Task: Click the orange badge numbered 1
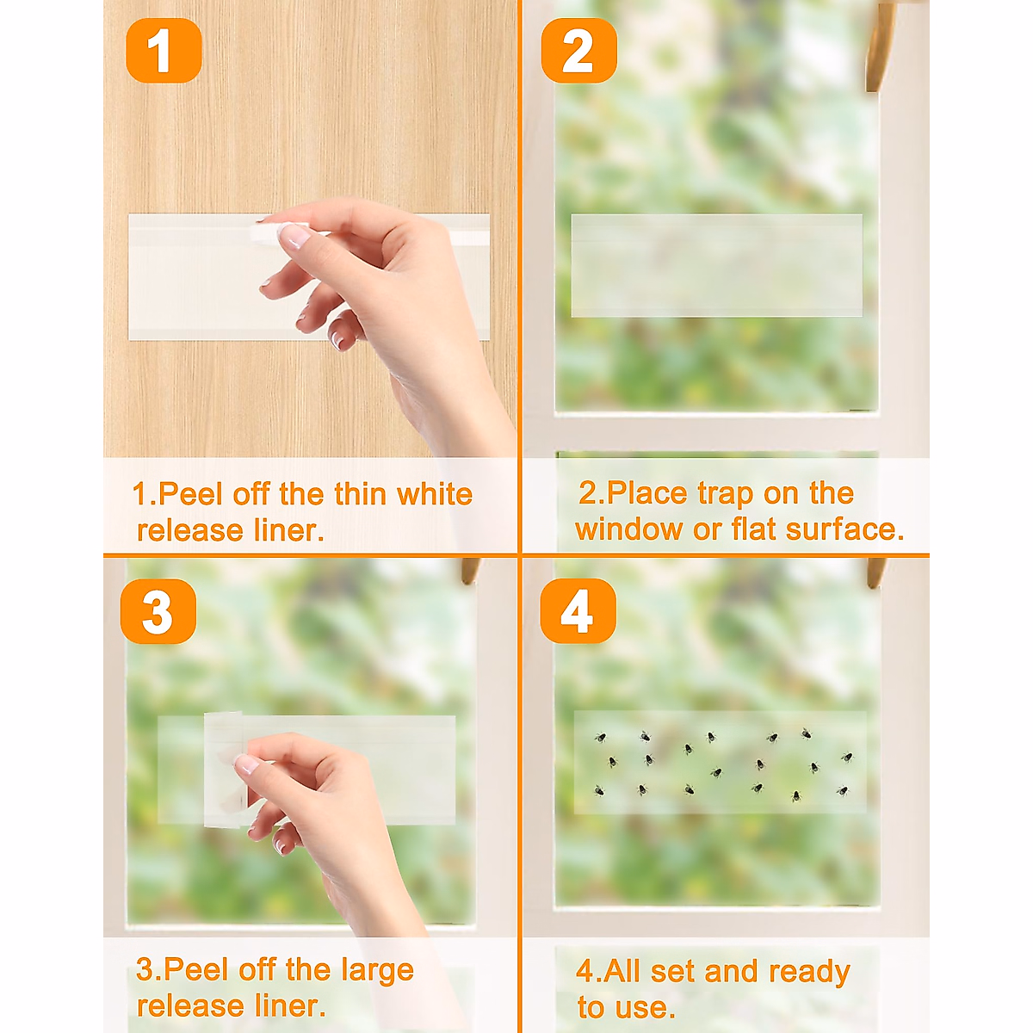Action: coord(164,51)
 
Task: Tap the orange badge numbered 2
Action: coord(579,51)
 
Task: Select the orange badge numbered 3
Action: coord(158,610)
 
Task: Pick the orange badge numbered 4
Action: coord(578,610)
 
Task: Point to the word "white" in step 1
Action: coord(435,494)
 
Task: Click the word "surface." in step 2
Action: coord(845,529)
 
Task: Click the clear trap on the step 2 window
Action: coord(716,265)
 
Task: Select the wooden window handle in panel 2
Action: coord(878,46)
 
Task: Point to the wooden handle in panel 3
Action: coord(471,571)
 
